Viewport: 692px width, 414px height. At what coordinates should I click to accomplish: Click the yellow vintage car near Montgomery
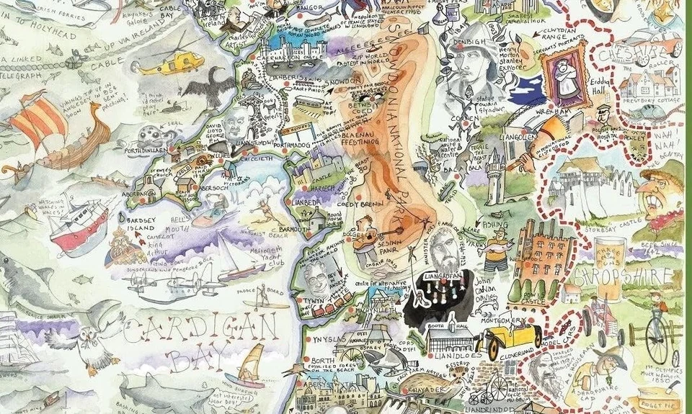coord(513,337)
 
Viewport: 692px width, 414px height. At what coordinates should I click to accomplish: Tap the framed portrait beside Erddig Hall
coord(566,74)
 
